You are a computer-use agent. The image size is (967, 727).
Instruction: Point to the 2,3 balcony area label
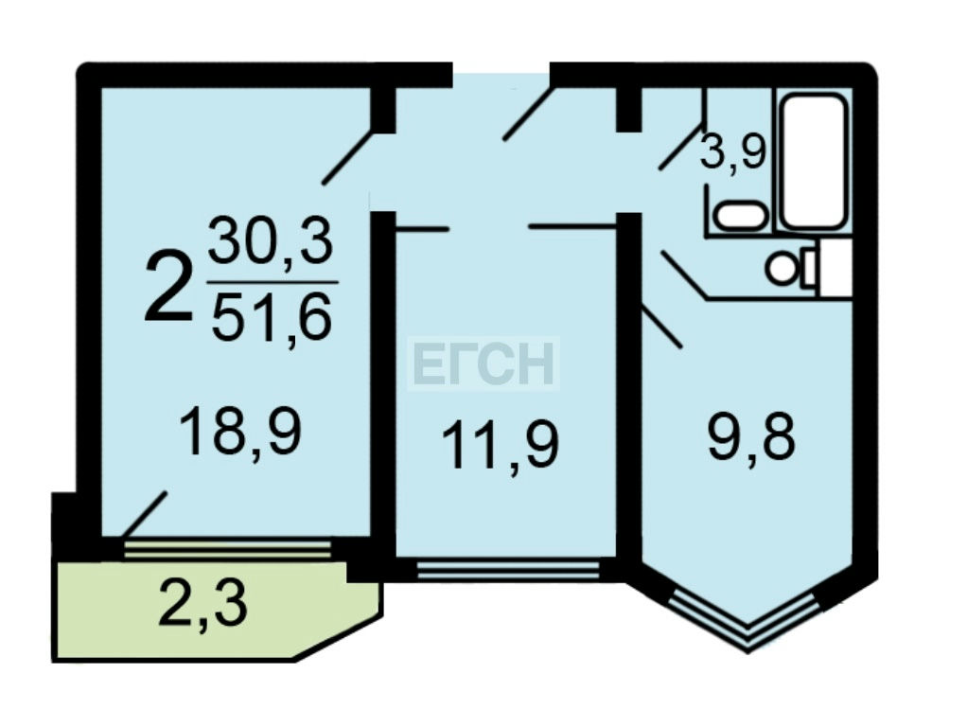203,605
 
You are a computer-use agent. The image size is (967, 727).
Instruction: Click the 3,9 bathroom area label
731,151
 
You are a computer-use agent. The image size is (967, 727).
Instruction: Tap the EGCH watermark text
484,364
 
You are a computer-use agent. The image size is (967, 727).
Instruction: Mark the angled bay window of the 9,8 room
747,620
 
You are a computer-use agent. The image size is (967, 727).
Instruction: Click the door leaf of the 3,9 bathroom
681,147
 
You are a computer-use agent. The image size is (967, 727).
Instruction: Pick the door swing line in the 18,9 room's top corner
348,156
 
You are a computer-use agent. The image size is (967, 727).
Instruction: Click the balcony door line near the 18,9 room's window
144,514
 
